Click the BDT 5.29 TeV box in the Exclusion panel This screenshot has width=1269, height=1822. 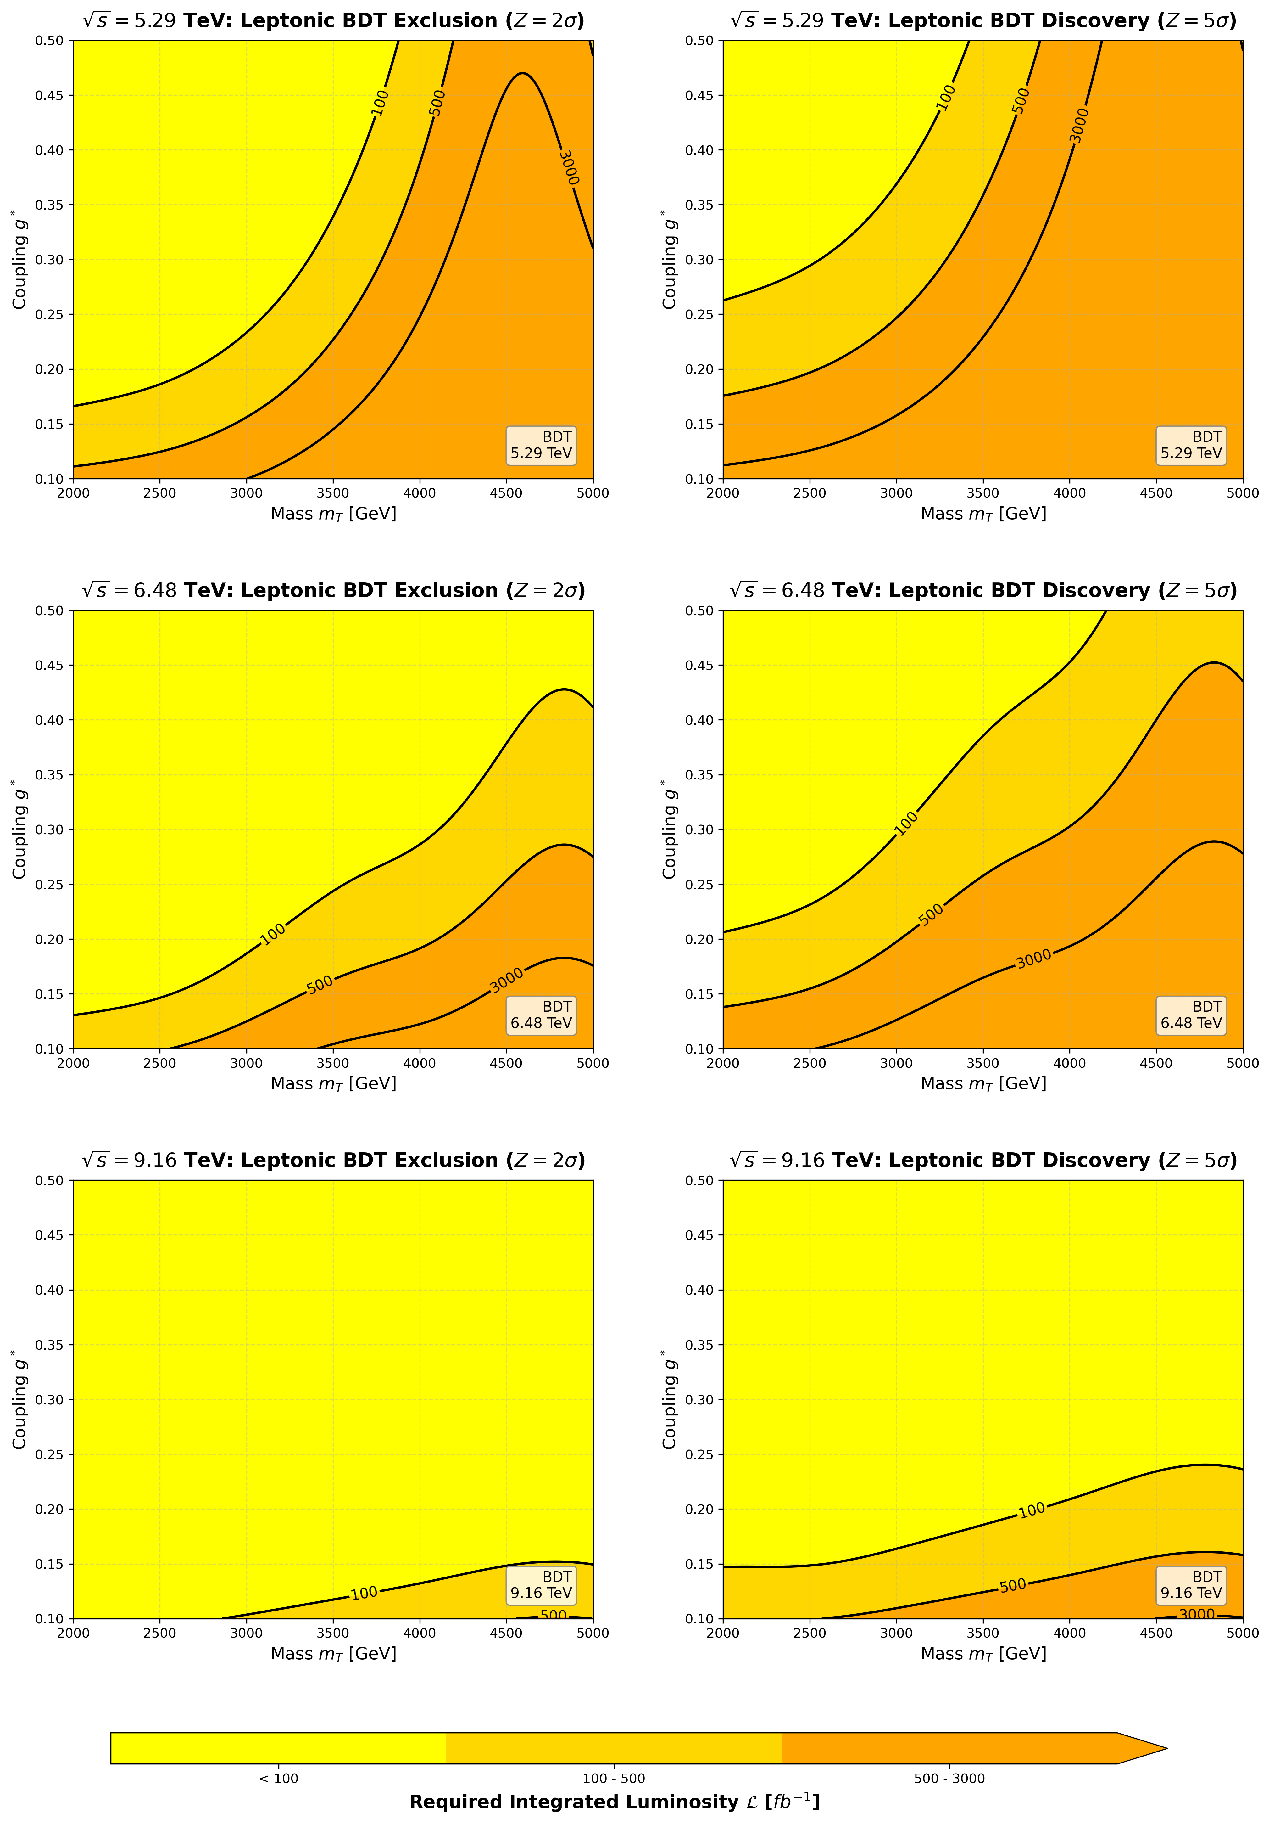tap(541, 445)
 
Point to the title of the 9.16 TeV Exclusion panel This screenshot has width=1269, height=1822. tap(333, 1160)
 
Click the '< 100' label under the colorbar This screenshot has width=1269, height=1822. tap(278, 1778)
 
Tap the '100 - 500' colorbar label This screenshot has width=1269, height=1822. tap(614, 1778)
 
